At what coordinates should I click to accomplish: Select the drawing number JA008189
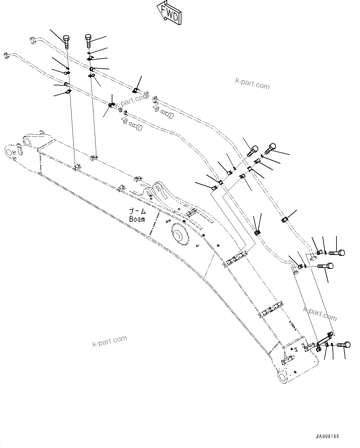[327, 436]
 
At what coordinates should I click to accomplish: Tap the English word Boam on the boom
[137, 219]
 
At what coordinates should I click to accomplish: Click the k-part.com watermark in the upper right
[252, 83]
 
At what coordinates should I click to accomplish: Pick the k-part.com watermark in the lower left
[110, 341]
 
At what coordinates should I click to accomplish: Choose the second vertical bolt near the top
[89, 38]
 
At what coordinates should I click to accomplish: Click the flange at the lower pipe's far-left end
[7, 56]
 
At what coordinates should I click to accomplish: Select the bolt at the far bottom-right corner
[344, 344]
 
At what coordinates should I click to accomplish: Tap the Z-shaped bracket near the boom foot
[323, 340]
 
